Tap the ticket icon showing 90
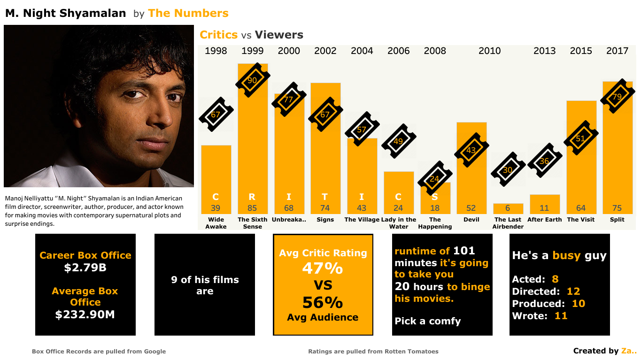tap(253, 80)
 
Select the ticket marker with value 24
tap(434, 178)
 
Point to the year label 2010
tap(489, 51)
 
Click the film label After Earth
tap(544, 219)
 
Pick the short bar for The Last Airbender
tap(508, 208)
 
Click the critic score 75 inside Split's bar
tap(617, 208)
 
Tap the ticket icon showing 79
tap(617, 97)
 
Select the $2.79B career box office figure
tap(85, 268)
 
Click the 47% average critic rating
tap(323, 268)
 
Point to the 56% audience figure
tap(323, 302)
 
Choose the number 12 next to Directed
tap(573, 291)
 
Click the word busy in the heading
tap(566, 255)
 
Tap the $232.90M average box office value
tap(85, 314)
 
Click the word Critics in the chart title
tap(218, 35)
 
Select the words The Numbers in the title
tap(188, 13)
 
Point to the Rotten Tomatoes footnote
tap(373, 351)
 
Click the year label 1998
tap(216, 51)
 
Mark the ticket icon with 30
tap(508, 169)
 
